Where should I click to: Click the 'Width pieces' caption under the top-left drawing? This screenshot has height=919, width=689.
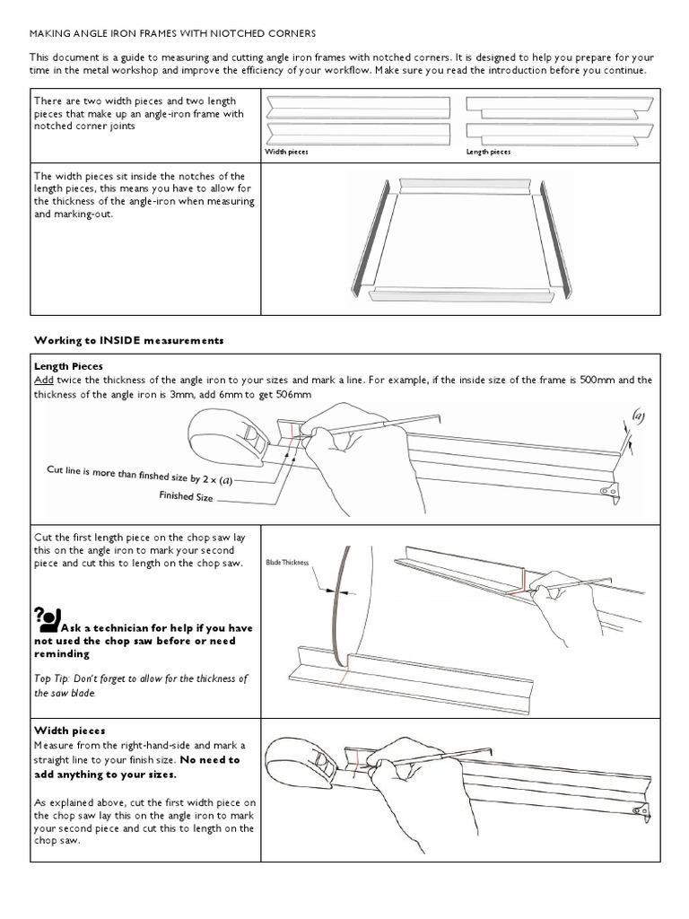[x=287, y=152]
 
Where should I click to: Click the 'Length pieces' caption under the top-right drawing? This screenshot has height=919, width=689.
[x=488, y=152]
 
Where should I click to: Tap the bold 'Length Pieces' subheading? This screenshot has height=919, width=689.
[x=68, y=366]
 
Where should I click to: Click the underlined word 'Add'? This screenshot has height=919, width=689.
[x=44, y=381]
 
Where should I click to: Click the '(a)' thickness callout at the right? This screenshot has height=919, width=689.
[x=638, y=416]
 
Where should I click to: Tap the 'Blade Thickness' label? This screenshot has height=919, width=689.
[x=287, y=563]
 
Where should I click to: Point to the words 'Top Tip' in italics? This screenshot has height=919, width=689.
[x=54, y=678]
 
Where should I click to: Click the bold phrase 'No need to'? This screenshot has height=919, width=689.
[x=207, y=759]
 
